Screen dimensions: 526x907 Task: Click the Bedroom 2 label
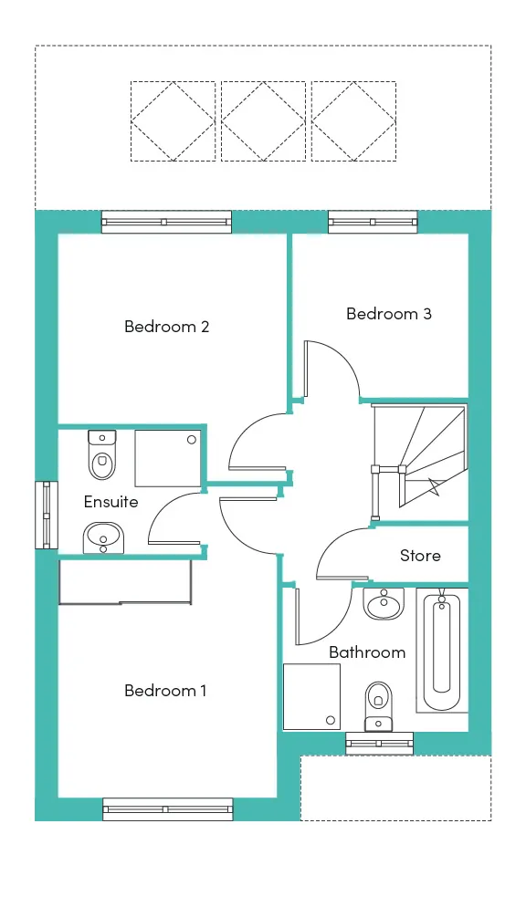166,327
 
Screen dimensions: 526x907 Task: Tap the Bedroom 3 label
389,314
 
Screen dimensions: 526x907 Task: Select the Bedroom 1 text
165,690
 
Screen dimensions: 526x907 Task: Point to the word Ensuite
111,502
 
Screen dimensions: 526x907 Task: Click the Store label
420,556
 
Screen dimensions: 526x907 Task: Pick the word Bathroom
367,652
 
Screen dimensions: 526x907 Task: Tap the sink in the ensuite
103,538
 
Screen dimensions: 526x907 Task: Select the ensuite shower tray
168,458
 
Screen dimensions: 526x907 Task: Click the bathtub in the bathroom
442,651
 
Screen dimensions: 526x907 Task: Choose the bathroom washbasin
383,604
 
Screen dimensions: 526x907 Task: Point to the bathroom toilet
379,706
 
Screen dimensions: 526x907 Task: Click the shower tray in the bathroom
311,696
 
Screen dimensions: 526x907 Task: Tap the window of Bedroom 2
166,222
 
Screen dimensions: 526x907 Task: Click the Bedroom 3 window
373,222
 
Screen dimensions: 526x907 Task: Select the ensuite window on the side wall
47,515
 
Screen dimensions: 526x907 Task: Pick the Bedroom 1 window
168,809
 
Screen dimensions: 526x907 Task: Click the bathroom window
380,744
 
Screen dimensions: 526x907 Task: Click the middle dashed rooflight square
263,120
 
